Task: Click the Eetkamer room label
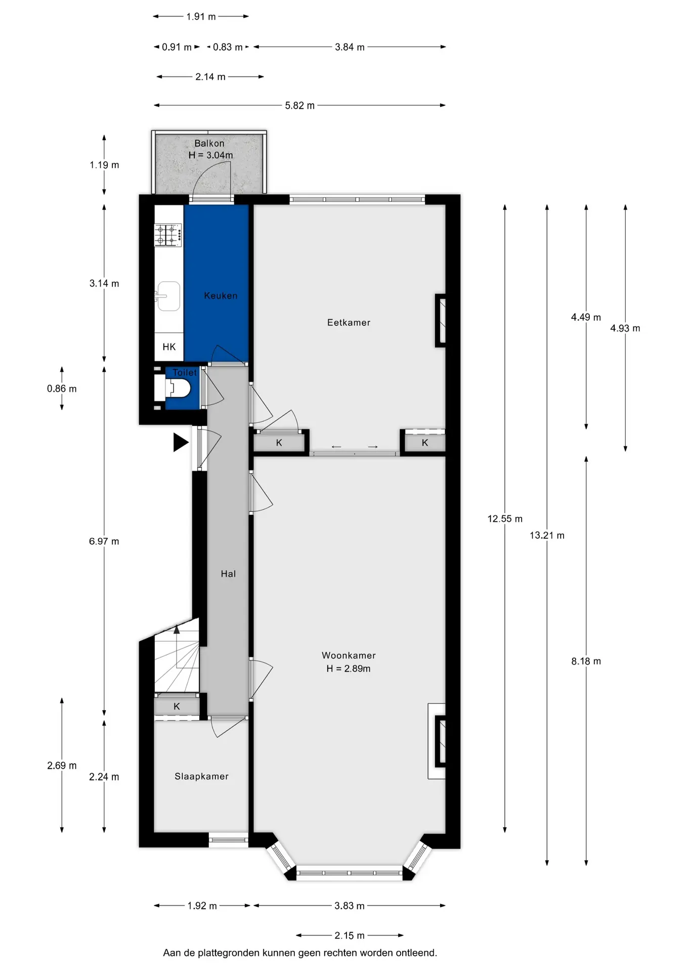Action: point(349,323)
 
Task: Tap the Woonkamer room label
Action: point(349,655)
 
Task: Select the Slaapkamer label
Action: point(201,776)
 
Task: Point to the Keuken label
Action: point(221,296)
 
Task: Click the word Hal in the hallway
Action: point(228,573)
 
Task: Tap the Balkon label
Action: point(209,144)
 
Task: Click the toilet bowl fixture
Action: point(178,388)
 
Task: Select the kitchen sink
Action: point(168,296)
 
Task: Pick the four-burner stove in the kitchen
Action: point(168,235)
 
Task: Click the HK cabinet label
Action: point(169,347)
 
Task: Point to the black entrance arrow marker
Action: point(181,443)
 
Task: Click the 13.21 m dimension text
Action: point(547,536)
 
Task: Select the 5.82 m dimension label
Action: point(299,106)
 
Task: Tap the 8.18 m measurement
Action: point(586,661)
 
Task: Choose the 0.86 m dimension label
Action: point(62,389)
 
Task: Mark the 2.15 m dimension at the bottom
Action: point(350,936)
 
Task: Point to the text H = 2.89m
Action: point(349,669)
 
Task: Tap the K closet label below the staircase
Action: point(177,707)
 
